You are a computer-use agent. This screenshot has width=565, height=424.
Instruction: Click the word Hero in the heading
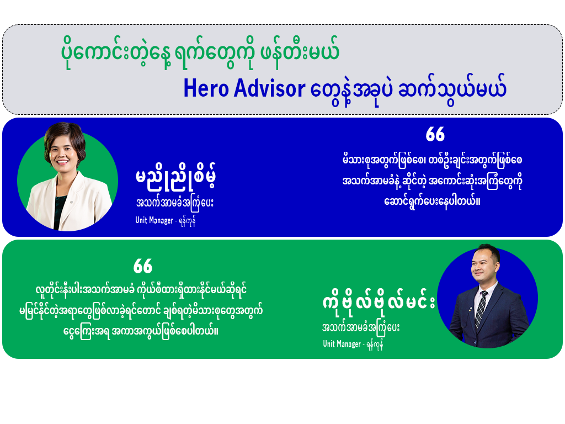pyautogui.click(x=201, y=90)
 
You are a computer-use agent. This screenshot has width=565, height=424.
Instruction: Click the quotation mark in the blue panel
pyautogui.click(x=435, y=135)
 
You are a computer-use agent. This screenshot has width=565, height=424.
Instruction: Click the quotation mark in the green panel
pyautogui.click(x=142, y=267)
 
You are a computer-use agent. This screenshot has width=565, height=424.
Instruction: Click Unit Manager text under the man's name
pyautogui.click(x=342, y=344)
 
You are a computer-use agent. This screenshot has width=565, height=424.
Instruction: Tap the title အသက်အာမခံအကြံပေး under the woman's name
pyautogui.click(x=174, y=203)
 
